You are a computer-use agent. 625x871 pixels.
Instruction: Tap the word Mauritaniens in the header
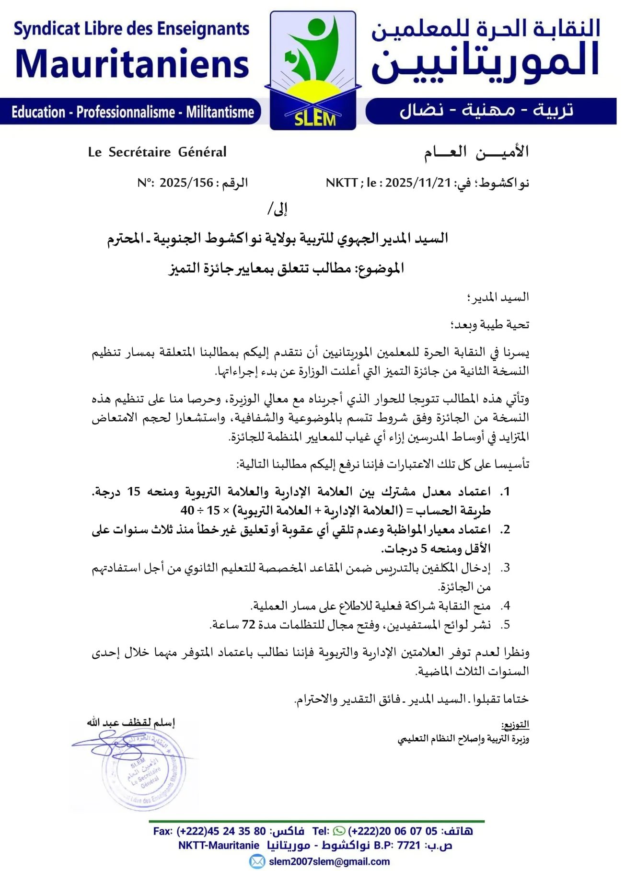(x=132, y=63)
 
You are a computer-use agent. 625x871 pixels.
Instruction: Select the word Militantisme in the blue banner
(x=220, y=113)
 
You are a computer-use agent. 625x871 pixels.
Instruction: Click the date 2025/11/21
(x=418, y=183)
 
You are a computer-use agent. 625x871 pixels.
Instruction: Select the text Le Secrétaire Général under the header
(x=157, y=152)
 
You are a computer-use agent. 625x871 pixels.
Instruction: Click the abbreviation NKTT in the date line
(x=341, y=183)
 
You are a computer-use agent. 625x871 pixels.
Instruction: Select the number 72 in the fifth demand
(x=248, y=625)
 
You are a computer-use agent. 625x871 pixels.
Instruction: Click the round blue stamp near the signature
(x=143, y=769)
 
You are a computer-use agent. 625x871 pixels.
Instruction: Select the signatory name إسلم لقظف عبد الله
(x=130, y=722)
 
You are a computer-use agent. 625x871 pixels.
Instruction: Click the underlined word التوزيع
(x=515, y=724)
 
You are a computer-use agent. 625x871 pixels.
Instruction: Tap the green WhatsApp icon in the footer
(x=339, y=831)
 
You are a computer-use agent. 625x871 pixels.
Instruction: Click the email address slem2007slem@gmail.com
(x=329, y=861)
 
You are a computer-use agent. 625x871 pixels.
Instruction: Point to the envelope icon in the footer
(x=257, y=861)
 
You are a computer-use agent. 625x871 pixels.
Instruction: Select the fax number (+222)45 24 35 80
(x=221, y=831)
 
